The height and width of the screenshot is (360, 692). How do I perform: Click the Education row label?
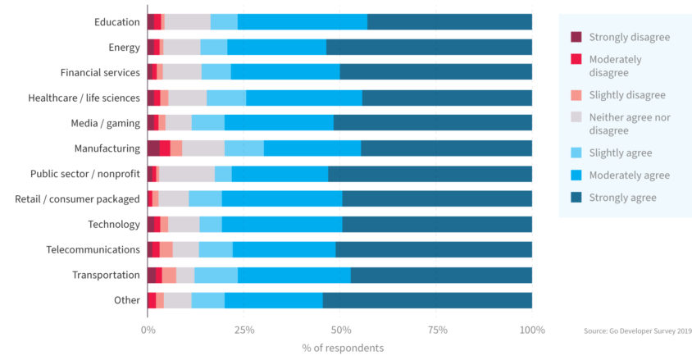tap(116, 22)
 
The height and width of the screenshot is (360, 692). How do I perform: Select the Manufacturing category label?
tap(107, 148)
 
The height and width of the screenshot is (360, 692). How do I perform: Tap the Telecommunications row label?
tap(93, 249)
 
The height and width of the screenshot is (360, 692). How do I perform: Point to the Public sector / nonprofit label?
tap(85, 174)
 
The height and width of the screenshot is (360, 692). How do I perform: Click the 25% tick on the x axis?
tap(244, 330)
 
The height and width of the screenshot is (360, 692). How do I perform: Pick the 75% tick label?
tap(438, 330)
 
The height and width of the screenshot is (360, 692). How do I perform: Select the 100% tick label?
tap(532, 330)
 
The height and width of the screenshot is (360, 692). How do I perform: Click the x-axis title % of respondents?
tap(342, 348)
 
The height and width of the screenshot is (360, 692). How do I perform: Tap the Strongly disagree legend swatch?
tap(576, 37)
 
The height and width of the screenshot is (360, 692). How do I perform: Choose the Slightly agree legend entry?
tap(621, 153)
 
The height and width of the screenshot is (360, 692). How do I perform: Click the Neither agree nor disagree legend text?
tap(630, 124)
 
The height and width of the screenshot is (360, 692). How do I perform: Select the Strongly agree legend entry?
tap(622, 198)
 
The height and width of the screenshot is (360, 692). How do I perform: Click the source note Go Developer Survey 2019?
tap(638, 330)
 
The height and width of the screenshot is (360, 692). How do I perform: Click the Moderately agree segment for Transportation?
tap(294, 275)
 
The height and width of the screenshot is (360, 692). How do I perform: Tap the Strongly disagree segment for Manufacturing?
tap(153, 148)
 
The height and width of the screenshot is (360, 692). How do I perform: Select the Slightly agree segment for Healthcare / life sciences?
tap(226, 98)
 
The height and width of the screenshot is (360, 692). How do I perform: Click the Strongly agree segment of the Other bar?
tap(427, 300)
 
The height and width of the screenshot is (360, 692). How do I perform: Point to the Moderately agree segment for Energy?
tap(276, 48)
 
